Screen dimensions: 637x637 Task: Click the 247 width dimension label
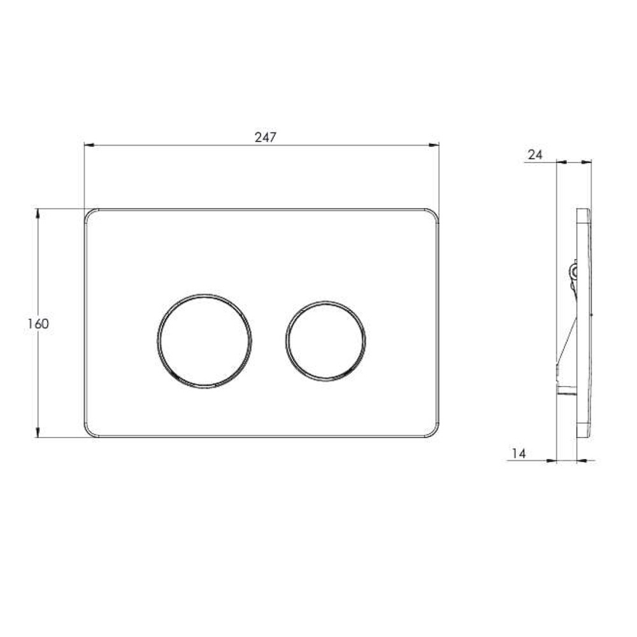coord(265,138)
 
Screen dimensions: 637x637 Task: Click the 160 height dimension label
coord(38,324)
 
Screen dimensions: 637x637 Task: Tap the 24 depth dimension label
coord(535,155)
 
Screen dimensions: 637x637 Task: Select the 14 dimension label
coord(519,454)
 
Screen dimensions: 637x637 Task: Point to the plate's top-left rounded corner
coord(89,213)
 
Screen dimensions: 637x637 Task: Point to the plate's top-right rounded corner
coord(434,213)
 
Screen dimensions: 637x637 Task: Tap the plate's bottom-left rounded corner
coord(89,433)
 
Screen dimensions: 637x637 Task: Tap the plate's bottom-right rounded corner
coord(434,433)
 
